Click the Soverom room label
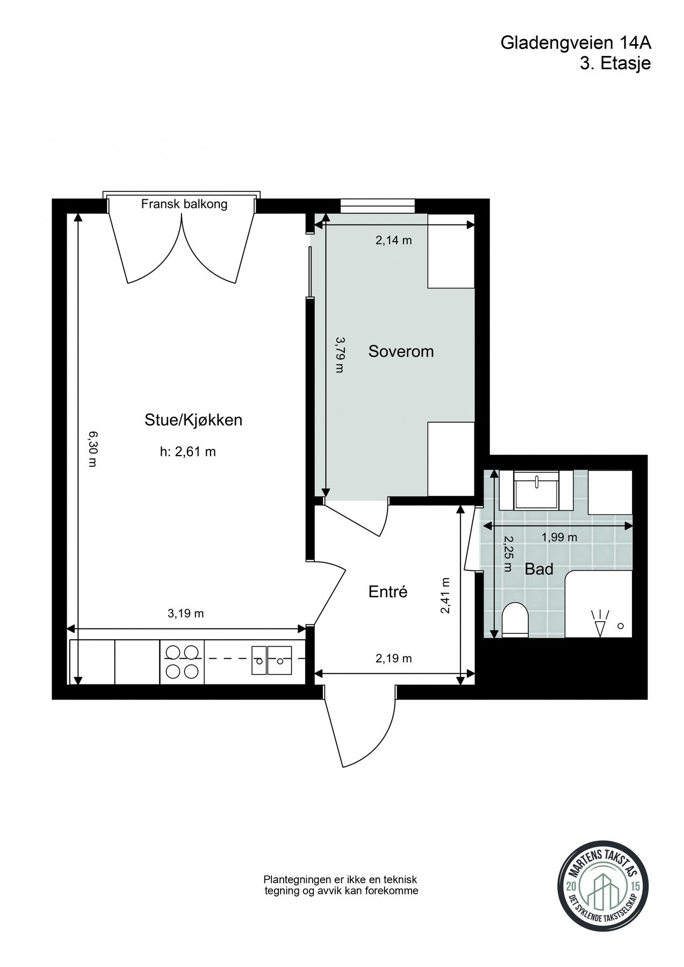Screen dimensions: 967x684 coord(401,352)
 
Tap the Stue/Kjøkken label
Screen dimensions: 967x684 coord(193,420)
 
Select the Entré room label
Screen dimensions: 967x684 coord(388,592)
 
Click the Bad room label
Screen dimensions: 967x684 coord(539,569)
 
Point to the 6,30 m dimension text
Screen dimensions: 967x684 coord(92,449)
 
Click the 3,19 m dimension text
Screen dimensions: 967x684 coord(186,614)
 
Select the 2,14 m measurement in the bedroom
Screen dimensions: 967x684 coord(393,240)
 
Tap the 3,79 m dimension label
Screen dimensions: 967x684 coord(339,355)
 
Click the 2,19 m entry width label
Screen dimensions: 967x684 coord(394,658)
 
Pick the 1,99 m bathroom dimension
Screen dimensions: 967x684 coord(559,537)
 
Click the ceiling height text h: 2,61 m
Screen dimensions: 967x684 coord(188,452)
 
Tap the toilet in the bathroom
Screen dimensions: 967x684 coord(515,620)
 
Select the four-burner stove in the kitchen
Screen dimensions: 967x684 coord(182,662)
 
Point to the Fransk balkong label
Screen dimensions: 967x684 coord(184,204)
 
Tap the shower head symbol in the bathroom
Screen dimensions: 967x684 coord(601,623)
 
